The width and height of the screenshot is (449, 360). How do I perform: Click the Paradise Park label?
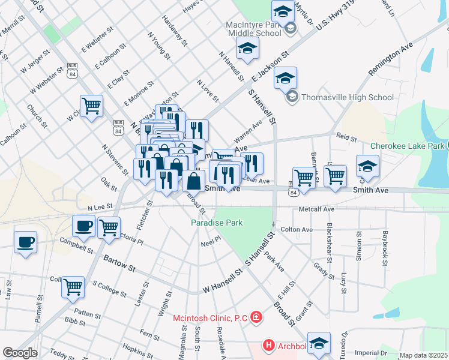coord(217,223)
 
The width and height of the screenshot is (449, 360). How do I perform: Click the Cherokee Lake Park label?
coord(407,146)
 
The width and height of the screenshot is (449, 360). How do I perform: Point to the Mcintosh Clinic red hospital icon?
coord(256,317)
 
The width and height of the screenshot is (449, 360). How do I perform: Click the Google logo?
coord(20,353)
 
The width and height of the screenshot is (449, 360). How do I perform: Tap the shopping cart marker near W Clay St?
coord(91,106)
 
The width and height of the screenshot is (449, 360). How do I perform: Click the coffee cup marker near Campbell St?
coord(25,242)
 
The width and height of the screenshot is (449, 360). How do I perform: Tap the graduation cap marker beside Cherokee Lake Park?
coord(367,166)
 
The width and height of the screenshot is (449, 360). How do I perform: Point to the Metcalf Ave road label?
coord(316,210)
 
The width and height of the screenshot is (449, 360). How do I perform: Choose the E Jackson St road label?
coord(271,67)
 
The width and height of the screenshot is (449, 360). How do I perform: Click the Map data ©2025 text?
coord(423,355)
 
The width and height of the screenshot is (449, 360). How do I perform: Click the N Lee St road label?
coord(100,207)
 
